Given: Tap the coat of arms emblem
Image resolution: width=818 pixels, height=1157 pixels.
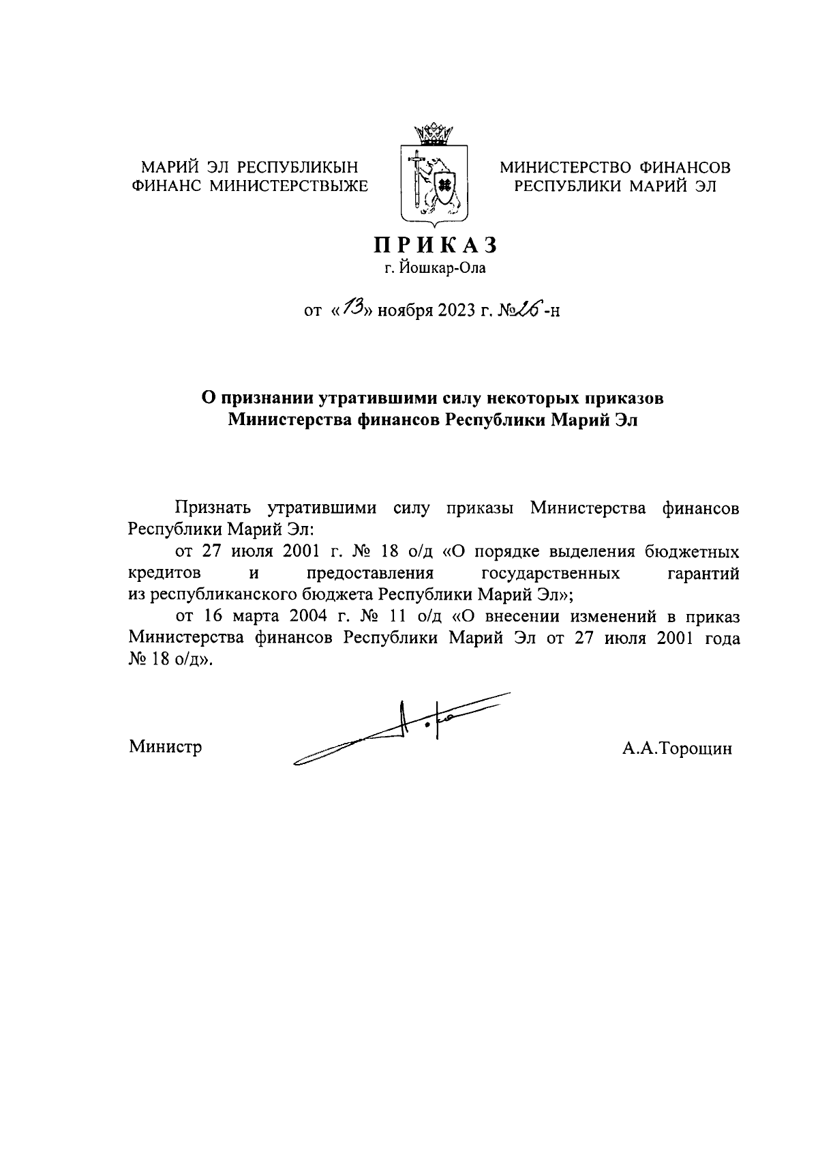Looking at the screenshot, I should click(x=434, y=184).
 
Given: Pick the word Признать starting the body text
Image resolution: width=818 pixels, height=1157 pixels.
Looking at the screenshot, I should click(x=213, y=508).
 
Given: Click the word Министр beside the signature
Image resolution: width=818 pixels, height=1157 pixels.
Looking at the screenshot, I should click(x=166, y=747).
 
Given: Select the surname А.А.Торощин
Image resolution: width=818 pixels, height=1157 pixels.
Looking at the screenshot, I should click(x=676, y=749).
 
